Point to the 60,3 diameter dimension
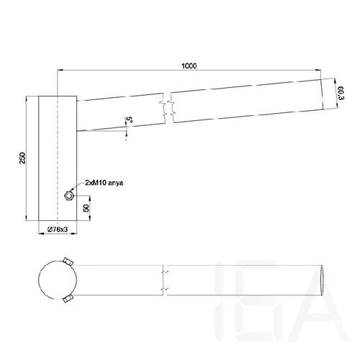pyautogui.click(x=338, y=93)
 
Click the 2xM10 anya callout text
pyautogui.click(x=104, y=184)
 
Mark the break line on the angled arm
pyautogui.click(x=167, y=108)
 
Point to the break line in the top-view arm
pyautogui.click(x=166, y=279)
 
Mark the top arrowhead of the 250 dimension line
pyautogui.click(x=28, y=97)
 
